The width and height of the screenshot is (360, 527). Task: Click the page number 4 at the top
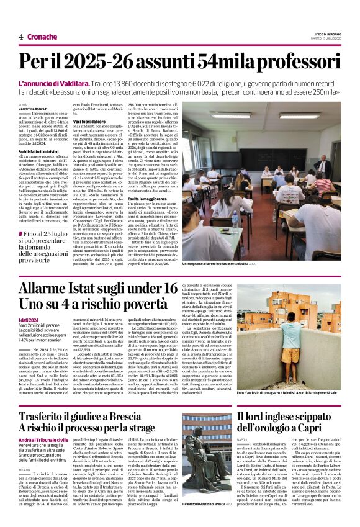20,37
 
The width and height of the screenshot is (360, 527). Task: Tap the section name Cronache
42,37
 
